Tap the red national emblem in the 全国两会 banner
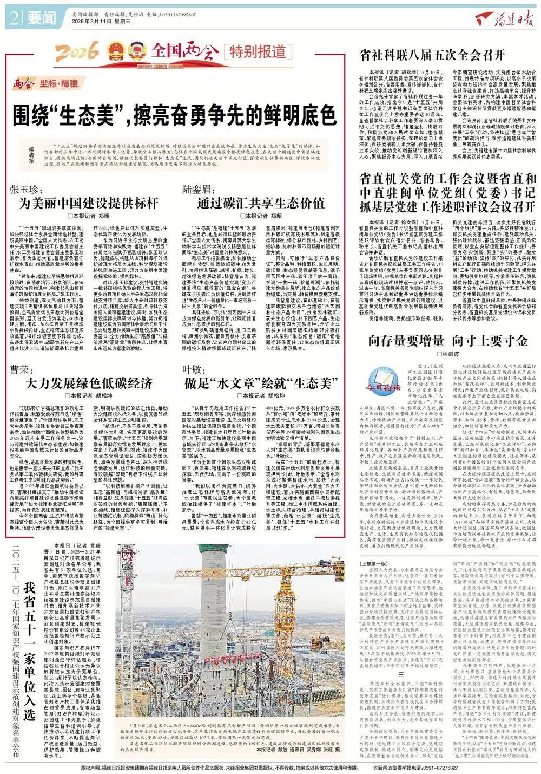[x=115, y=53]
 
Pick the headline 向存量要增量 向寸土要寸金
[x=448, y=341]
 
